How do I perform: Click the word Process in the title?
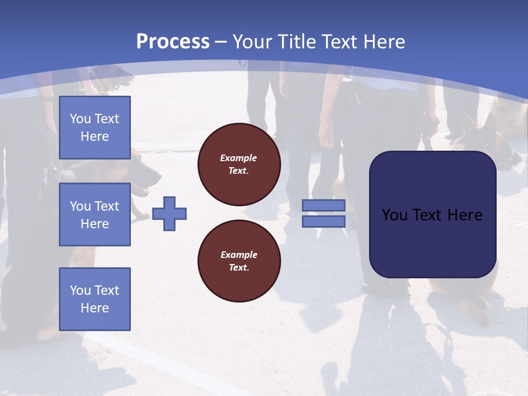pos(173,42)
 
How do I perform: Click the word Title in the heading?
pos(296,42)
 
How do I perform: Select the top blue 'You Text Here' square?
pos(95,128)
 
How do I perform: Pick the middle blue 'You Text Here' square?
pos(95,215)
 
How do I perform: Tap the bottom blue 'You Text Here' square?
pos(95,299)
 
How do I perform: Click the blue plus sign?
pos(169,213)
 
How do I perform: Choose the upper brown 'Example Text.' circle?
pos(239,164)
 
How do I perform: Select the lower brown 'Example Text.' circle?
pos(239,261)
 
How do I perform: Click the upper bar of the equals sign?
pos(324,205)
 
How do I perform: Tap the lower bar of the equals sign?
pos(324,221)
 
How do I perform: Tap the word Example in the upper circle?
pos(238,158)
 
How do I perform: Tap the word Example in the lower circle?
pos(239,255)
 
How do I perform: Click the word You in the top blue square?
pos(80,119)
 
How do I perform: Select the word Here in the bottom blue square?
pos(95,308)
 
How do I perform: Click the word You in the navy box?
pos(394,215)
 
